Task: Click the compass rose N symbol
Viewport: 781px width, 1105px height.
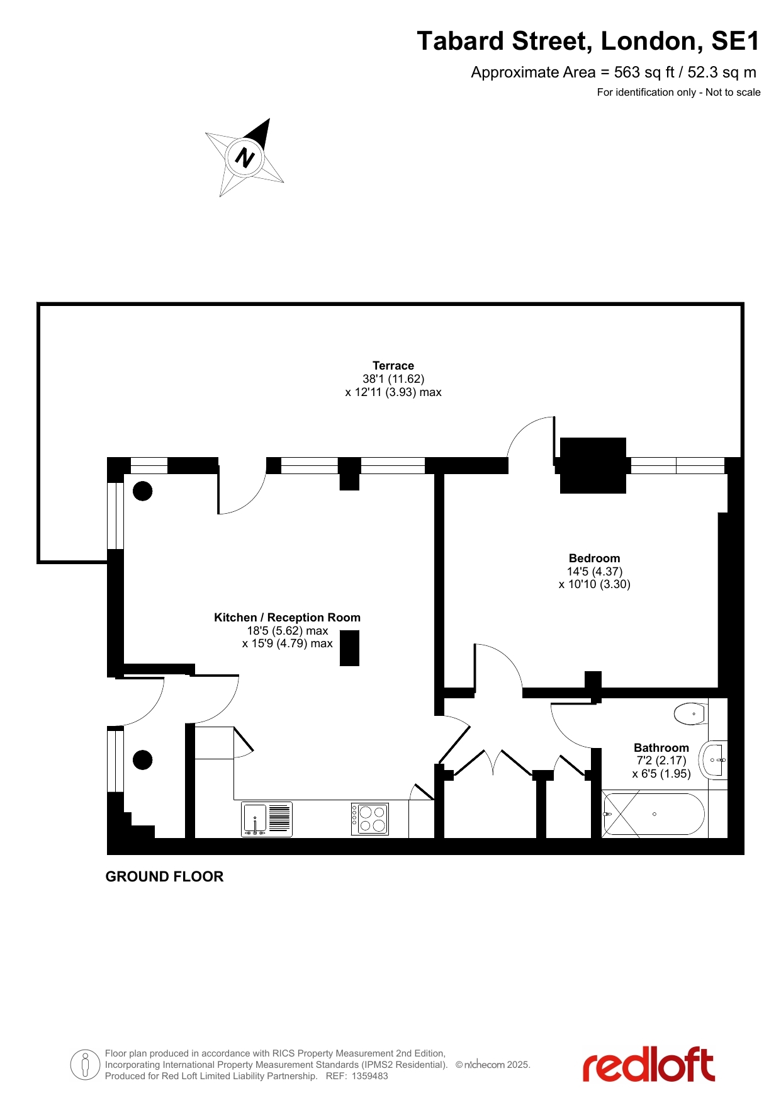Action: coord(245,157)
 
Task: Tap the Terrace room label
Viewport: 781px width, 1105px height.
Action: coord(393,366)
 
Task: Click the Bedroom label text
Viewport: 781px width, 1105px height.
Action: coord(594,558)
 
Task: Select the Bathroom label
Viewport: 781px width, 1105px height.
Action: coord(661,748)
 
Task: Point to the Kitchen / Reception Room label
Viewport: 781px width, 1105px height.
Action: coord(287,618)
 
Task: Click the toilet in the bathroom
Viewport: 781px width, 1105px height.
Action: coord(691,714)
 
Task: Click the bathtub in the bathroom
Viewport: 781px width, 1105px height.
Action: coord(653,814)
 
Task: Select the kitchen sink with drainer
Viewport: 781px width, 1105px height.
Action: coord(267,819)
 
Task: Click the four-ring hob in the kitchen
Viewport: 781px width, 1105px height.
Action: coord(370,819)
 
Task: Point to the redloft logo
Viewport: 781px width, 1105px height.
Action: coord(648,1065)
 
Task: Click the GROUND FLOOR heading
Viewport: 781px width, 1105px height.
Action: coord(164,876)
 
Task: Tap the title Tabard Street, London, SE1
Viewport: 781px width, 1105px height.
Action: coord(588,41)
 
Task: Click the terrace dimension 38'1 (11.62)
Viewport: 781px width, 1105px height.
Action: coord(393,379)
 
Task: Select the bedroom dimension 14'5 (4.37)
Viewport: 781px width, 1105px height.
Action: coord(594,572)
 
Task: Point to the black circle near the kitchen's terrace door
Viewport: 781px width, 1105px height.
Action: coord(143,491)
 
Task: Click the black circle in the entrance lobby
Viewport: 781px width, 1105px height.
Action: coord(143,760)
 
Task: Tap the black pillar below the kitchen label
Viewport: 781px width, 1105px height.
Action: coord(350,648)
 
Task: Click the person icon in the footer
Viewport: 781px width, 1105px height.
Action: coord(86,1065)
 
